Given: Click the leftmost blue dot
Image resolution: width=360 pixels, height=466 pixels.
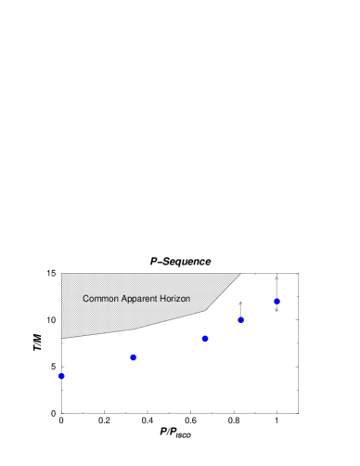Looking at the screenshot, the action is click(x=61, y=376).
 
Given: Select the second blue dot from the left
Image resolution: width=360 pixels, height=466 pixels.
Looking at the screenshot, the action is click(x=134, y=357).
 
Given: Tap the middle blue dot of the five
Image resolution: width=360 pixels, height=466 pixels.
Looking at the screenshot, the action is click(x=205, y=339).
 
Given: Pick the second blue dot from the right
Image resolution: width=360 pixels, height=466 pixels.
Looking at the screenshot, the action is click(x=240, y=320).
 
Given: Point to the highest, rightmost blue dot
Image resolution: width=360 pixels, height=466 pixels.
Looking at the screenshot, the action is click(x=276, y=301).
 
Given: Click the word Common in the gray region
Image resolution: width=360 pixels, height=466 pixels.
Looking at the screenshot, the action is click(x=100, y=299).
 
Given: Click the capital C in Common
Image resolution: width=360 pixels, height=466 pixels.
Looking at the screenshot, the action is click(x=85, y=299).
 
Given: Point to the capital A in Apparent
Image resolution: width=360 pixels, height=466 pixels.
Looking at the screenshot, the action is click(x=124, y=299).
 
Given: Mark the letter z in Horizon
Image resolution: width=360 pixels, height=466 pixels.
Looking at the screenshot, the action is click(x=179, y=299).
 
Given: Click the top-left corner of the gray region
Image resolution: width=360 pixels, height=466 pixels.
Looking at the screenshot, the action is click(x=62, y=274).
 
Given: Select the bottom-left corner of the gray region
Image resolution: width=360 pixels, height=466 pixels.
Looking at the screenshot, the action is click(x=62, y=338).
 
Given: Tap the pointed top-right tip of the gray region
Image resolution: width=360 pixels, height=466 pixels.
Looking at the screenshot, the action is click(x=240, y=274).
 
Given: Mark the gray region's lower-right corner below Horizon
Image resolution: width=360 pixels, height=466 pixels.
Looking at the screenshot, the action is click(x=205, y=312).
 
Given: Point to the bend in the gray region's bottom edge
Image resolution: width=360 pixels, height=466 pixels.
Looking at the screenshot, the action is click(x=135, y=329).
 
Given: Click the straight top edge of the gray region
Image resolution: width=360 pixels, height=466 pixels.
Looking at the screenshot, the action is click(x=148, y=274).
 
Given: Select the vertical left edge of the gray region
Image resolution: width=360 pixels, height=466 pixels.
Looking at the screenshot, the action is click(x=62, y=306).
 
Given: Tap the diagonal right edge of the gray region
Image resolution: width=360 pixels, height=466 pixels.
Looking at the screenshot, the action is click(x=224, y=292).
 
